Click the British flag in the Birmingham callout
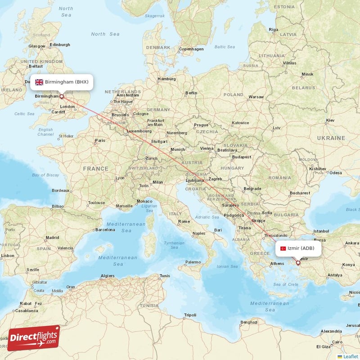tap(39, 82)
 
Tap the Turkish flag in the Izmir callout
tap(283, 248)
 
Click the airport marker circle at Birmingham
tap(62, 96)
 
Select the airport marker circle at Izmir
tap(298, 262)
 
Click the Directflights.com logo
tap(34, 338)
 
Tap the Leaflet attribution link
tap(351, 356)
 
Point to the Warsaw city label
tap(256, 97)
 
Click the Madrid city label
tap(52, 238)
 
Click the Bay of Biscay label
tap(45, 175)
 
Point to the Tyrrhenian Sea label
tap(174, 245)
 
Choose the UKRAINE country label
tap(330, 138)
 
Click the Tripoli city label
tap(190, 315)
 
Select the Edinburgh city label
tap(60, 45)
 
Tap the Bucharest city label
tap(300, 193)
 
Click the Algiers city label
tap(108, 275)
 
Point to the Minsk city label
tap(307, 74)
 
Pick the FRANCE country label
tap(95, 169)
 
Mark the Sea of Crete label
tap(285, 284)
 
